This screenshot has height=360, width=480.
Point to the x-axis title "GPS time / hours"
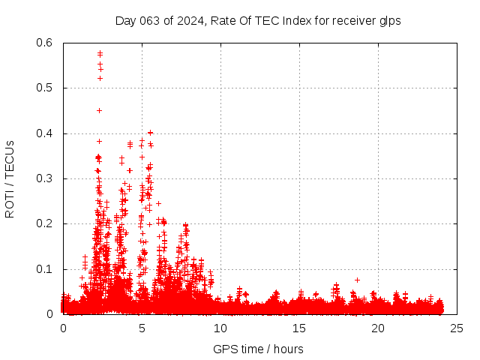(x=258, y=349)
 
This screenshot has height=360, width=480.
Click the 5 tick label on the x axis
(x=142, y=328)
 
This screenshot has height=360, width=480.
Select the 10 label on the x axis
(x=220, y=328)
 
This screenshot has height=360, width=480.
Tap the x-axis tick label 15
(x=299, y=328)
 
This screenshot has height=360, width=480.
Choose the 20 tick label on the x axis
(x=378, y=328)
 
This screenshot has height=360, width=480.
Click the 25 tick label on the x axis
(x=457, y=328)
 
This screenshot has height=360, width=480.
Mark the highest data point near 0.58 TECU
(x=100, y=53)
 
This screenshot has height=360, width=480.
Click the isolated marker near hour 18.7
(x=357, y=280)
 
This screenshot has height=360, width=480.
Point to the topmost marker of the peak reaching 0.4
(x=150, y=133)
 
